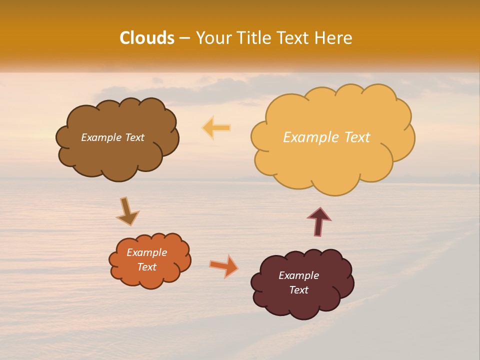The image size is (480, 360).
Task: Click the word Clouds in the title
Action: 147,38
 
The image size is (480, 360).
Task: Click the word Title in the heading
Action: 254,38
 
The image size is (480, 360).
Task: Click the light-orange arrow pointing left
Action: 216,127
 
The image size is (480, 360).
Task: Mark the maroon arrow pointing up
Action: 319,221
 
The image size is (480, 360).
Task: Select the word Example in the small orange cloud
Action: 147,252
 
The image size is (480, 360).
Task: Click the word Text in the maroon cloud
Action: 299,290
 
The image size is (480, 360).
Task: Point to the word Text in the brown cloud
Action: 134,137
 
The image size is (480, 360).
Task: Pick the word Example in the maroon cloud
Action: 299,275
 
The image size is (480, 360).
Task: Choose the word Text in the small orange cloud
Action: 147,267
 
